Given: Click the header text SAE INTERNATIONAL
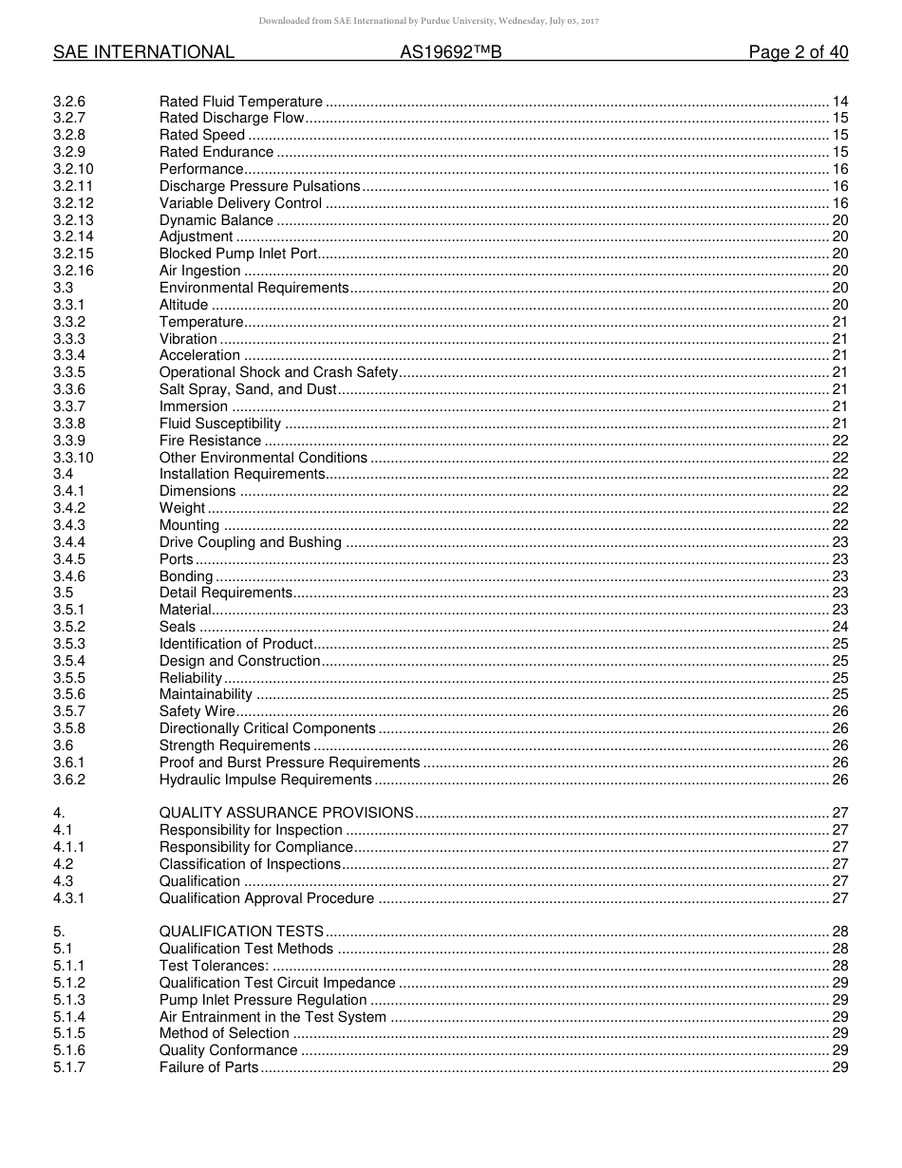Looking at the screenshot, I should pyautogui.click(x=143, y=53).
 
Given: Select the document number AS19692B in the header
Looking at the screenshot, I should pyautogui.click(x=450, y=53).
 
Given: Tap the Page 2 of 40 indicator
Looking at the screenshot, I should pyautogui.click(x=798, y=53).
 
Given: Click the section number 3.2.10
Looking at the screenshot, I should pyautogui.click(x=73, y=169).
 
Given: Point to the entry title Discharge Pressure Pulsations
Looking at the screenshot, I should pyautogui.click(x=259, y=186).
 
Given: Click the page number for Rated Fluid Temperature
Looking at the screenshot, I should pyautogui.click(x=839, y=102).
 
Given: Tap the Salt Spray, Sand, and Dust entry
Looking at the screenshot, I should pyautogui.click(x=247, y=389).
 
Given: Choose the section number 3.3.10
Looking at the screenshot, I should pyautogui.click(x=73, y=458).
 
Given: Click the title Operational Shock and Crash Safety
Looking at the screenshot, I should pyautogui.click(x=278, y=372).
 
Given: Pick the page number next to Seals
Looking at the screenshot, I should pyautogui.click(x=839, y=627).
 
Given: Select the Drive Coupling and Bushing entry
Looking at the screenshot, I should pyautogui.click(x=250, y=542).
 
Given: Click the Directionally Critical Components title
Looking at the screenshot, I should pyautogui.click(x=267, y=728).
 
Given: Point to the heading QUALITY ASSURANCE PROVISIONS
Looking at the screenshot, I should pyautogui.click(x=286, y=813).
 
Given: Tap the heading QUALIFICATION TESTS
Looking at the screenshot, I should pyautogui.click(x=241, y=932).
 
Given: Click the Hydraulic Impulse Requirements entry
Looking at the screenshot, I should pyautogui.click(x=265, y=780).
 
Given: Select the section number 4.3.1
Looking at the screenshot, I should pyautogui.click(x=68, y=898).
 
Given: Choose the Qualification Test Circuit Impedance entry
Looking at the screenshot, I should pyautogui.click(x=276, y=983).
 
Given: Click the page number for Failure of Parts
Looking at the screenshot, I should pyautogui.click(x=839, y=1067).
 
